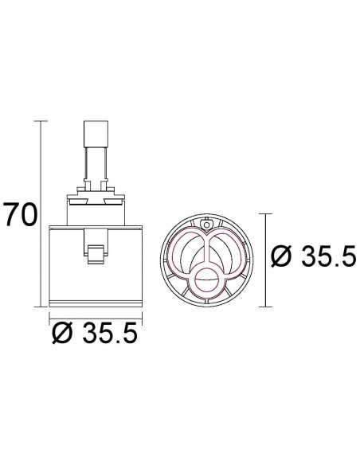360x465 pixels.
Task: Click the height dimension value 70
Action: pos(22,214)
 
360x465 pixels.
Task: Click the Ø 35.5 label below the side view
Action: pos(95,333)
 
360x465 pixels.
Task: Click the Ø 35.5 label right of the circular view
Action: pos(313,256)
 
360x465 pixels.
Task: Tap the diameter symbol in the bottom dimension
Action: pos(62,333)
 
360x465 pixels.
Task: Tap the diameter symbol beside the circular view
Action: pos(281,256)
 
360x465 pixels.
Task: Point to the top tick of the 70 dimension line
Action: pos(41,121)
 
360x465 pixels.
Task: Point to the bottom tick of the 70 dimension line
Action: pos(41,307)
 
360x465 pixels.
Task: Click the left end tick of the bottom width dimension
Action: pos(49,318)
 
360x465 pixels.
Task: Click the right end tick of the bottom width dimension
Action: pos(143,318)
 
